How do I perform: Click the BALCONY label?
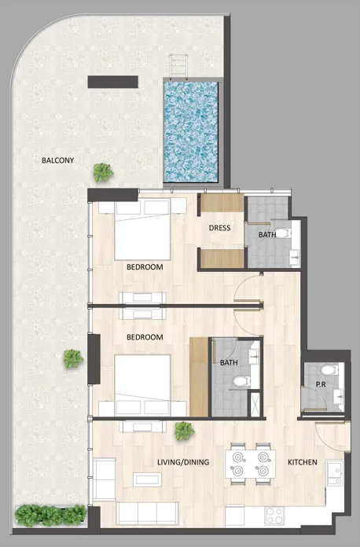58,160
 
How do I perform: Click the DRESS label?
219,229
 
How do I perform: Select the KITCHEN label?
302,462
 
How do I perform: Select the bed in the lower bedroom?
142,385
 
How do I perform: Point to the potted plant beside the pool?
102,171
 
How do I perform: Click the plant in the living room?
184,430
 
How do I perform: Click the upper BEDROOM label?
145,267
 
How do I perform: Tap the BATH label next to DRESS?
267,234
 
